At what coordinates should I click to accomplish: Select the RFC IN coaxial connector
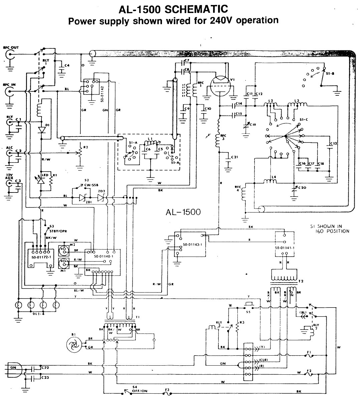(9, 91)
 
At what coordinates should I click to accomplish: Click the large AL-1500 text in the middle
(183, 212)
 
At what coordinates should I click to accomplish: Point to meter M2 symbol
(63, 250)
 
